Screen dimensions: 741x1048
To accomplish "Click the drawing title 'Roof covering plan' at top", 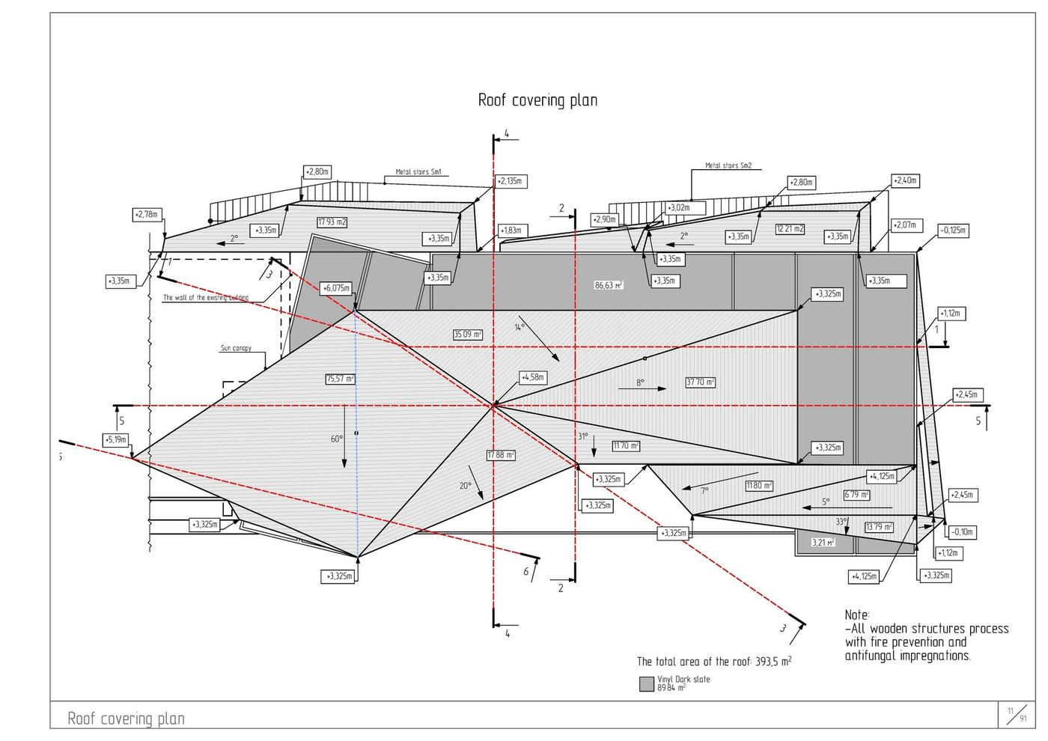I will [x=537, y=100].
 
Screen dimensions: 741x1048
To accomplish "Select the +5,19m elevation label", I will [x=116, y=439].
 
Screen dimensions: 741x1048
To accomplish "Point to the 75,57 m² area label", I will [x=340, y=379].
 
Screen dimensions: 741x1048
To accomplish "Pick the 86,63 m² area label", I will [x=609, y=285].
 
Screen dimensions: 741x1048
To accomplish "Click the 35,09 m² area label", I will [x=468, y=335].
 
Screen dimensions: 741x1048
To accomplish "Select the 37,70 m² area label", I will [x=700, y=382].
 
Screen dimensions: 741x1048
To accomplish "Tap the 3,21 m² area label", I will [x=823, y=543].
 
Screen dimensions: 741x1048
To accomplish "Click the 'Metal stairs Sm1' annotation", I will [x=418, y=172].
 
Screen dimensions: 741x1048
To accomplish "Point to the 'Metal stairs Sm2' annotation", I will [x=728, y=166].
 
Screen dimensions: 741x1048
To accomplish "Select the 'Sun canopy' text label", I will [x=236, y=348].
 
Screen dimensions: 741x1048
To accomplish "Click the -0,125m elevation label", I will [x=954, y=231].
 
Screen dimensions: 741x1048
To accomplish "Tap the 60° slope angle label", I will [x=337, y=439].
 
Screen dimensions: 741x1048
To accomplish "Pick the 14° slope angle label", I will [x=520, y=327].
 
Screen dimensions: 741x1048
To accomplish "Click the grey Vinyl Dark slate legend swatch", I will [x=647, y=683].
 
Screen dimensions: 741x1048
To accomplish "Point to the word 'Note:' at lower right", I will [x=857, y=615].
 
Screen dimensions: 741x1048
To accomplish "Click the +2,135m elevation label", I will [x=511, y=182].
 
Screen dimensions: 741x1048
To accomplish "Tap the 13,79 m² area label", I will [x=879, y=527].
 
